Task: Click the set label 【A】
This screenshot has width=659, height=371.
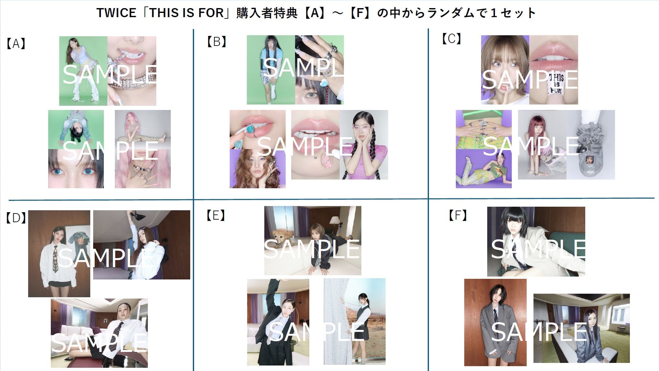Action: [16, 43]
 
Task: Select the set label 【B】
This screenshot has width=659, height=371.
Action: [216, 42]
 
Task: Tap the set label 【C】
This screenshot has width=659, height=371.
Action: [451, 38]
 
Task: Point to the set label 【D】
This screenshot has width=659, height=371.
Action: [16, 218]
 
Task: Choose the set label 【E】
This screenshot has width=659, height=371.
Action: [215, 215]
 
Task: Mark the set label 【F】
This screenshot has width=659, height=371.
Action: [457, 215]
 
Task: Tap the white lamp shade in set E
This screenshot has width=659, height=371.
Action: [334, 221]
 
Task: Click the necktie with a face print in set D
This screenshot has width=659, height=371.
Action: [56, 259]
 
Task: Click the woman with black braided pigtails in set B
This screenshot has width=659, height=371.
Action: [364, 145]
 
